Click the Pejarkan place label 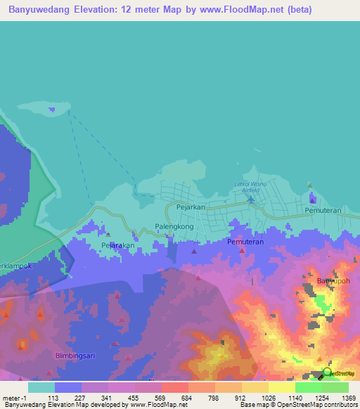pos(190,208)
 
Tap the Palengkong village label pos(174,227)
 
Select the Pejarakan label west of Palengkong pos(117,245)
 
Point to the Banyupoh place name pos(333,281)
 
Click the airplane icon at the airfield pos(252,200)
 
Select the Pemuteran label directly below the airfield pos(245,242)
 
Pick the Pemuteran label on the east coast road pos(323,211)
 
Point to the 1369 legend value pos(341,398)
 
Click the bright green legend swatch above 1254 pos(308,387)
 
